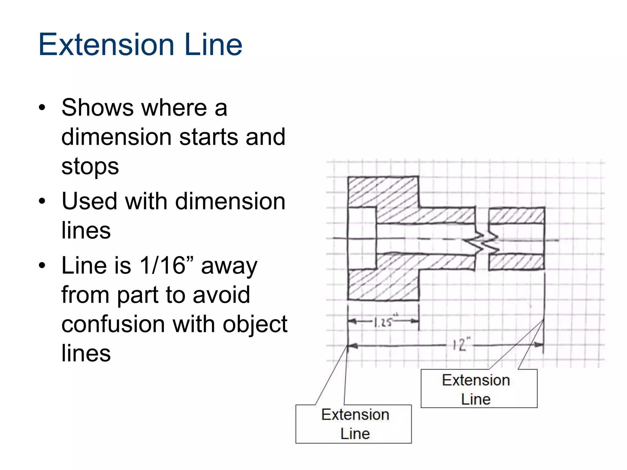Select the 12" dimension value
tap(461, 345)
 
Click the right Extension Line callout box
tap(479, 389)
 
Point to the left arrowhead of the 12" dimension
tap(352, 346)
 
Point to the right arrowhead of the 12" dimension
tap(539, 345)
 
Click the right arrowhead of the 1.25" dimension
tap(415, 321)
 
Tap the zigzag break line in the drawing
tap(482, 242)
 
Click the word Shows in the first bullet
tap(97, 108)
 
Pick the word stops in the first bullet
tap(90, 166)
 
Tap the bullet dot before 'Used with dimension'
tap(42, 202)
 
